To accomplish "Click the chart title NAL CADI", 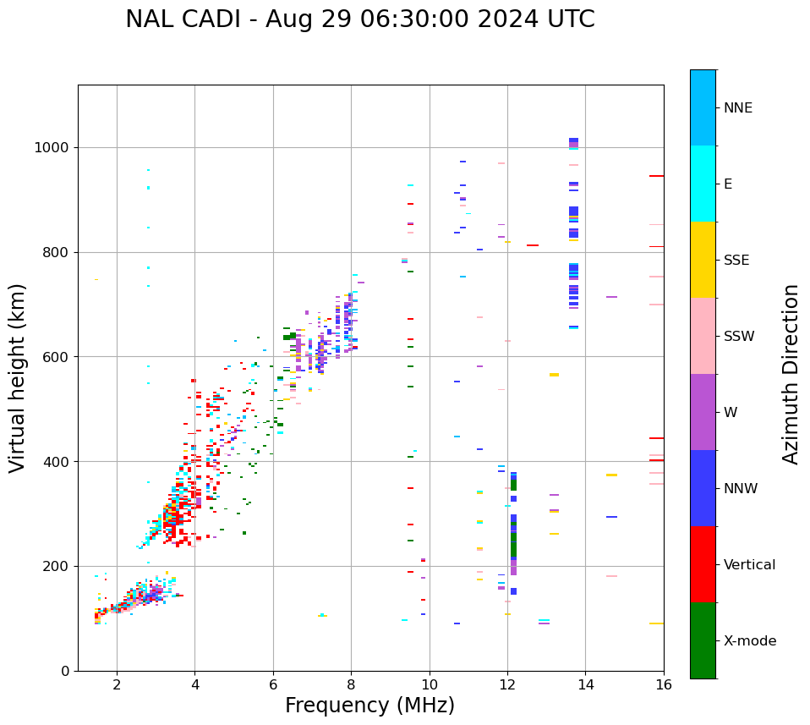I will pos(359,19).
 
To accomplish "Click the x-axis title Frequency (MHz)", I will pos(369,706).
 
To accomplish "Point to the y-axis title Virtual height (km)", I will pos(18,377).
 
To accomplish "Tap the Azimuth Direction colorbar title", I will pos(791,374).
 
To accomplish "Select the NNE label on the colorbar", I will pos(738,108).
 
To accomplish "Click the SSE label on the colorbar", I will pos(736,261).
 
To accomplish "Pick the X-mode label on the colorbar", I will pos(750,641).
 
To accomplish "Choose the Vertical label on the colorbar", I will pos(749,565).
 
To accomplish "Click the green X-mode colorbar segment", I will pos(703,640).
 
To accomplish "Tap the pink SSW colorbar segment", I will pos(703,336).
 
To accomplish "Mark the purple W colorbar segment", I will pos(703,412).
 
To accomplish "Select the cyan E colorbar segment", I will pos(703,184).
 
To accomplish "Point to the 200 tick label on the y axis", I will pos(57,567).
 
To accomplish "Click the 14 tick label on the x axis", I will pos(585,684).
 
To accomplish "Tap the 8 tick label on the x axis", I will pos(351,684).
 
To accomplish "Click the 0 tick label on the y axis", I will pos(65,671).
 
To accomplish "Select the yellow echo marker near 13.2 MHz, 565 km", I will pos(554,375).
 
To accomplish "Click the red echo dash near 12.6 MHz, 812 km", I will pos(533,245).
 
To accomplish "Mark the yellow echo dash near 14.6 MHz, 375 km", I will pos(611,475).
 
